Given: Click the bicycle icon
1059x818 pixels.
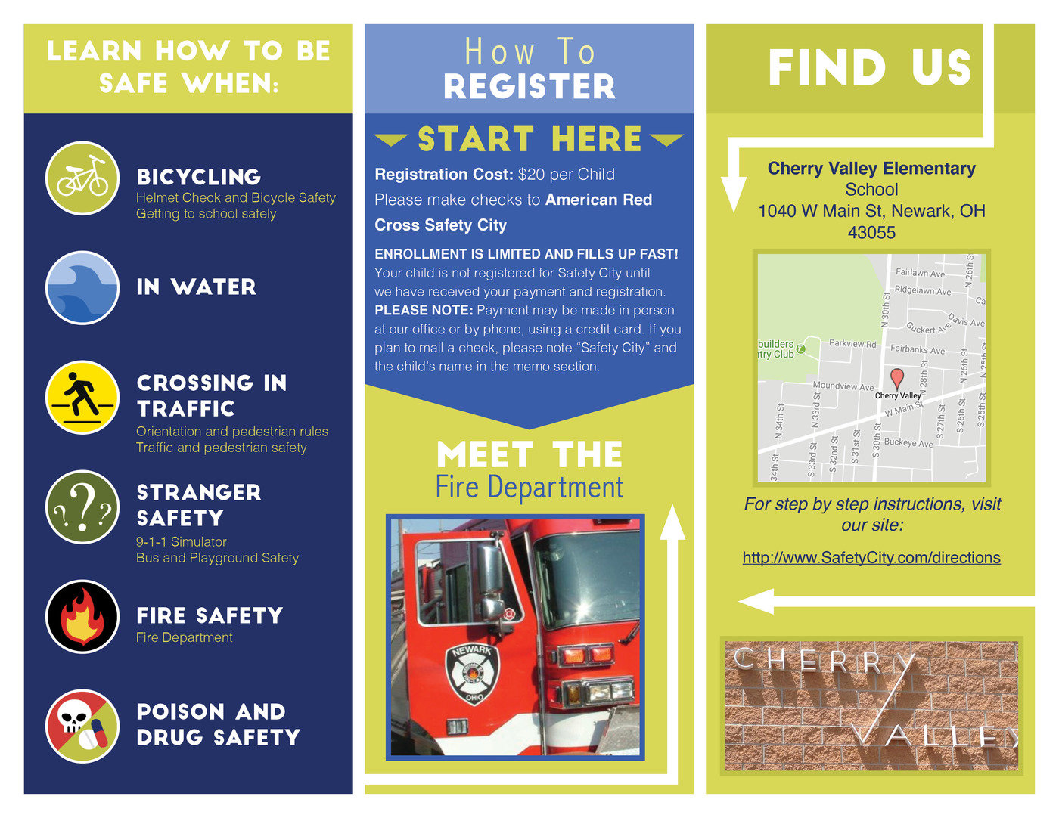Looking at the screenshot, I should point(82,178).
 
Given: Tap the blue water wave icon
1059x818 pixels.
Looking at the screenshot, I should point(82,287).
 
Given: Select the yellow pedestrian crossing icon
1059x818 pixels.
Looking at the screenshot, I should point(82,397).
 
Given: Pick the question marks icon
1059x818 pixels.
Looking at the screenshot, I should point(82,507).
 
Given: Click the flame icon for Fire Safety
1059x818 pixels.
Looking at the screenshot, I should point(82,616).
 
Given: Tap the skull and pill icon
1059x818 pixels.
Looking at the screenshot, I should point(82,726).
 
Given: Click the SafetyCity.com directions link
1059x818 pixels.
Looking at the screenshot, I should point(871,558).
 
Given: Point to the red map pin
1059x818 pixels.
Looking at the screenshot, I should point(897,378).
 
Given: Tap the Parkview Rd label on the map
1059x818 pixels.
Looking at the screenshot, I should point(852,343).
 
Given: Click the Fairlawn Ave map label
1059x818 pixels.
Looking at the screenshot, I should point(920,273).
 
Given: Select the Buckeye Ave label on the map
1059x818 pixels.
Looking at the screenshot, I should point(908,442).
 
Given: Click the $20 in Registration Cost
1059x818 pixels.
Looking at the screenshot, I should point(531,175).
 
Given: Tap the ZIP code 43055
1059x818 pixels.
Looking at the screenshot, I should point(871,233).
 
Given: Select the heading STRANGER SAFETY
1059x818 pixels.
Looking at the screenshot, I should point(198,505).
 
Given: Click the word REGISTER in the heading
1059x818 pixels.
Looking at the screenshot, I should point(529,87).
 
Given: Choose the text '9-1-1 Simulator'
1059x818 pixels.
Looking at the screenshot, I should point(182,542).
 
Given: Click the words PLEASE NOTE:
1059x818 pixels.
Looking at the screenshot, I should point(424,311).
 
